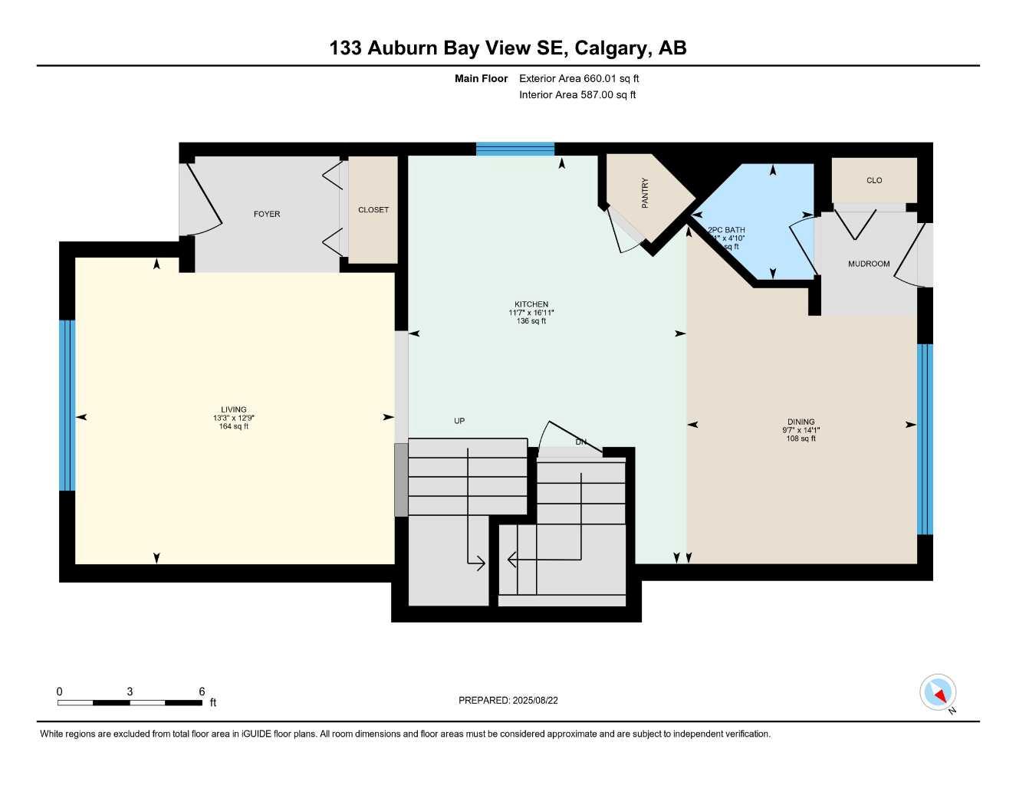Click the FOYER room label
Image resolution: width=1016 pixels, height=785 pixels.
[267, 214]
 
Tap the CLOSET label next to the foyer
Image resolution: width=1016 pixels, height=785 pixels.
[373, 209]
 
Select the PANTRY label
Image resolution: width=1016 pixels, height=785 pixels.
[645, 193]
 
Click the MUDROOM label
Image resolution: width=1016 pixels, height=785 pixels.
[869, 264]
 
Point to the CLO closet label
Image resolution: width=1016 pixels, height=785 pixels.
[874, 180]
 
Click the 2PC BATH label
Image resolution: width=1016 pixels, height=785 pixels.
[726, 230]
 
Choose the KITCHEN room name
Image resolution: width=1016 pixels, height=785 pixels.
[531, 304]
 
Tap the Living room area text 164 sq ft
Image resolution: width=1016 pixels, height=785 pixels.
[234, 427]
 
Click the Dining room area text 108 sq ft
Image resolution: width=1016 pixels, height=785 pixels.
[801, 439]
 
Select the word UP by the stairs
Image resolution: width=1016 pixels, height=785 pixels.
[459, 421]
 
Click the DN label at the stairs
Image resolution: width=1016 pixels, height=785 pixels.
[581, 442]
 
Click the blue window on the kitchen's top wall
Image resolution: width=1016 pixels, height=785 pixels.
[515, 149]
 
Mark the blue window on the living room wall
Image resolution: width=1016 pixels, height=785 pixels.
[67, 405]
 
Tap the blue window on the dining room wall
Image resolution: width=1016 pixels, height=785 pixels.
[925, 438]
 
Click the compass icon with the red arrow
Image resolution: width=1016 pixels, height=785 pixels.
[938, 693]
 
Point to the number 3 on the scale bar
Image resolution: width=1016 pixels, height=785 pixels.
[130, 691]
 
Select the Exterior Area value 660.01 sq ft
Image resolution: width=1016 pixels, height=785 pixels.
[611, 78]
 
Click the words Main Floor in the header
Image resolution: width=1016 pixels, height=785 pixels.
[481, 78]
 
